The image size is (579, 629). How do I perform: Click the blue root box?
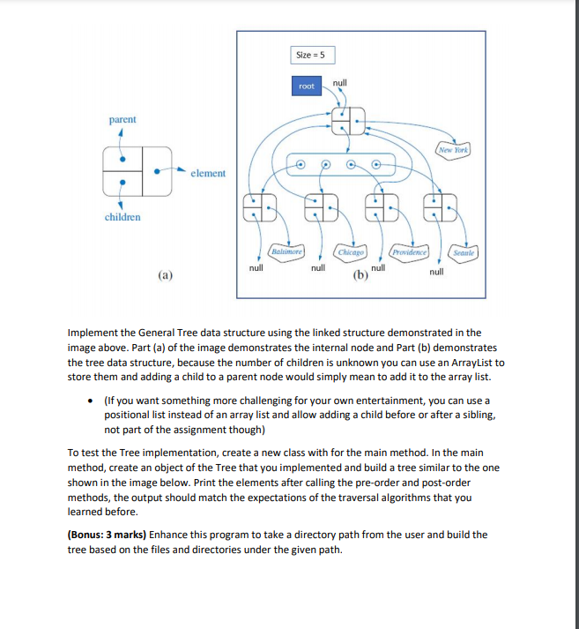coord(306,86)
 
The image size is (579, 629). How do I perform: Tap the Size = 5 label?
coord(309,56)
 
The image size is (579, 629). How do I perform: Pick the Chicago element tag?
coord(352,251)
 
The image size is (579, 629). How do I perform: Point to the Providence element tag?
coord(410,251)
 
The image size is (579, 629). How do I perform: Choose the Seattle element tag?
coord(464,251)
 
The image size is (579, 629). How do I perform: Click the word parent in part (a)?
coord(122,119)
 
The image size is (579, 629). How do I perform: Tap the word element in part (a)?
coord(208,174)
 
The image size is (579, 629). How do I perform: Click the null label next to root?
coord(340,82)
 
